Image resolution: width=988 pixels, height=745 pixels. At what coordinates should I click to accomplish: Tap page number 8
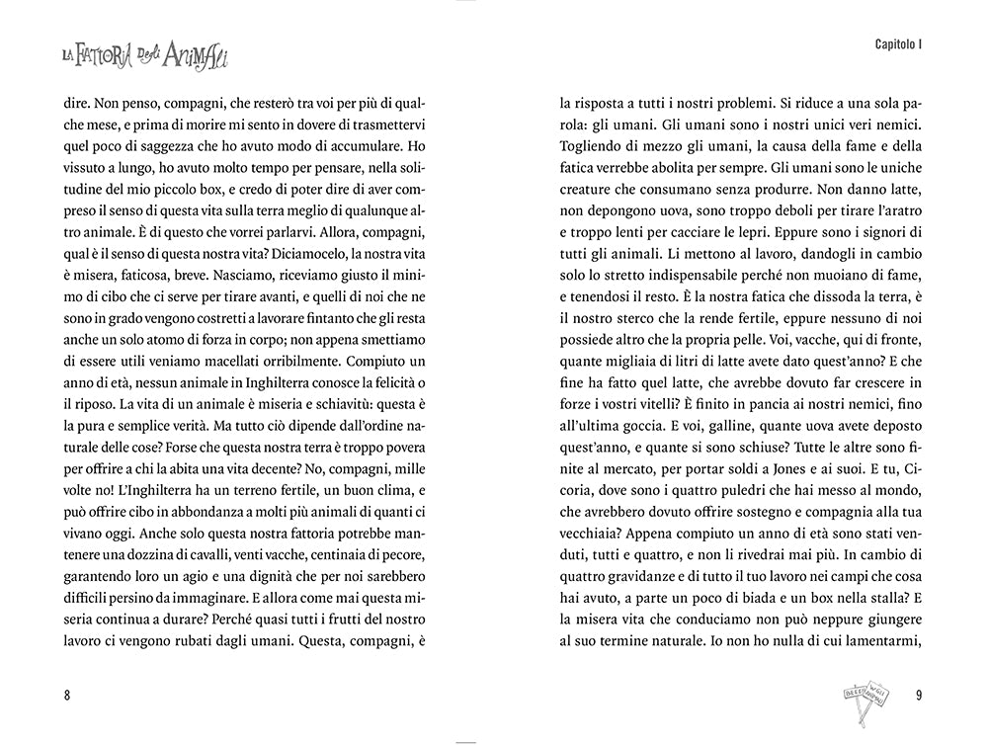click(x=66, y=694)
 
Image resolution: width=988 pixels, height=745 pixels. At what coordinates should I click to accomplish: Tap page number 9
click(x=919, y=694)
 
